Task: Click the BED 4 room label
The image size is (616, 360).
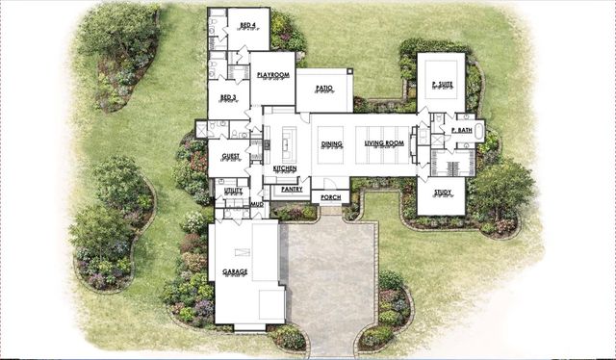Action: [247, 25]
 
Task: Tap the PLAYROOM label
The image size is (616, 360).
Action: [273, 74]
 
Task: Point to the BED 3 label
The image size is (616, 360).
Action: [228, 97]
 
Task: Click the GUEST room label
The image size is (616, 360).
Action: [231, 155]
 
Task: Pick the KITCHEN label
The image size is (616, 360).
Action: [285, 168]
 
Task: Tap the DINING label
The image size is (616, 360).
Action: [330, 144]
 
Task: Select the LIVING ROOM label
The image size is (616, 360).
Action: [384, 144]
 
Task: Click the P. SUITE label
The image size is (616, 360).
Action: [441, 85]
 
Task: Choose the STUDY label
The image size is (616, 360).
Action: [442, 193]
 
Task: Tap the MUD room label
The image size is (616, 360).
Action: [257, 204]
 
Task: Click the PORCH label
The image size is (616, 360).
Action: [330, 196]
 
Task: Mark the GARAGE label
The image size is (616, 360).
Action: [235, 272]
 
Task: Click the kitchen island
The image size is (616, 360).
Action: [285, 146]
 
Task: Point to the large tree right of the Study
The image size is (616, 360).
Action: [501, 183]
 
